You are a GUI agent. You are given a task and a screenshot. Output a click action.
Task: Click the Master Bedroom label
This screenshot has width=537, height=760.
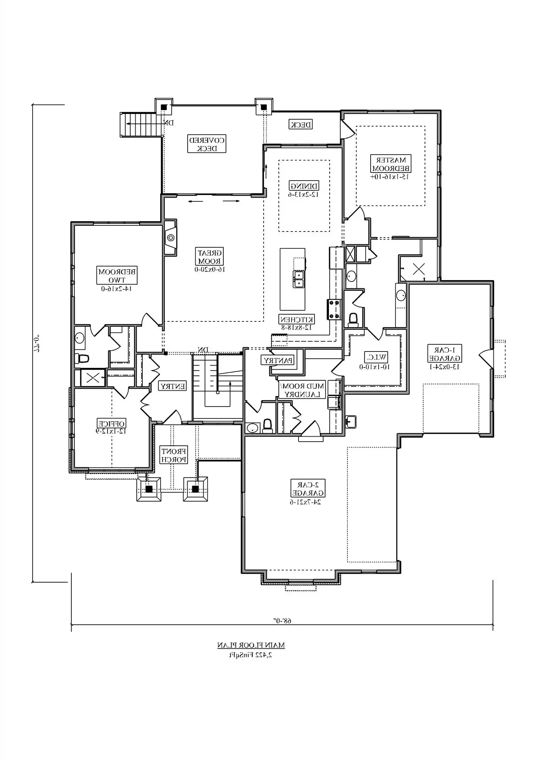point(391,164)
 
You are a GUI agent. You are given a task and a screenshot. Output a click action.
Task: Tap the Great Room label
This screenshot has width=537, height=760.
point(210,257)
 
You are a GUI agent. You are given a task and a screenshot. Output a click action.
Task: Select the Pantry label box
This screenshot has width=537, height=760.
point(278,360)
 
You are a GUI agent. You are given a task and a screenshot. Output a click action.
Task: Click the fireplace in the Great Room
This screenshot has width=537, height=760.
point(171,237)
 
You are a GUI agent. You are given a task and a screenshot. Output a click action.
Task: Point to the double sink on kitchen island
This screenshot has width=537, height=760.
point(299,279)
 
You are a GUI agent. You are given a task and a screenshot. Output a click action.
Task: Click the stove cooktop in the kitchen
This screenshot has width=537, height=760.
point(335,309)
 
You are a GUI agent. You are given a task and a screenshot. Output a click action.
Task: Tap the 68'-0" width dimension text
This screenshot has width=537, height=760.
point(282,621)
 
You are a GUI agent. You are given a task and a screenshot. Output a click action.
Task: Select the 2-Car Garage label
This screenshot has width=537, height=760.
point(308,489)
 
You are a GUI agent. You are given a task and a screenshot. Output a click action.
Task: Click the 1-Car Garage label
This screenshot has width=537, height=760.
point(445,354)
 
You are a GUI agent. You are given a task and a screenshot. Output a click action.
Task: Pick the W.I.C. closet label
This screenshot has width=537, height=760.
point(376,357)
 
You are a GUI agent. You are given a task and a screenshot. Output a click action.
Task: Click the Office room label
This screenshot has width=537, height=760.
point(111,423)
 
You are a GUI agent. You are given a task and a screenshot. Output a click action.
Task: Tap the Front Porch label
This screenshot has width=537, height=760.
point(174,455)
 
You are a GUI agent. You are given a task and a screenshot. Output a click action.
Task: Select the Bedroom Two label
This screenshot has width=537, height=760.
point(117,275)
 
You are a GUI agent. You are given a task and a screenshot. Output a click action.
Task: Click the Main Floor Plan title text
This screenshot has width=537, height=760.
point(251,645)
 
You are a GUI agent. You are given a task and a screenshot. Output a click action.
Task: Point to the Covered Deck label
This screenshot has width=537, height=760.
point(207,144)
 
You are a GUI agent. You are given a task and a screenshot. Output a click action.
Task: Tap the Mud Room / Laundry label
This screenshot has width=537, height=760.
point(302,390)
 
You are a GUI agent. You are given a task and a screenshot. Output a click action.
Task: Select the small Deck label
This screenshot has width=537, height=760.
point(301,124)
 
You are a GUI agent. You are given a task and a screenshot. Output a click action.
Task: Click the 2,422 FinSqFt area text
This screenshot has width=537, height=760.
point(251,655)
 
